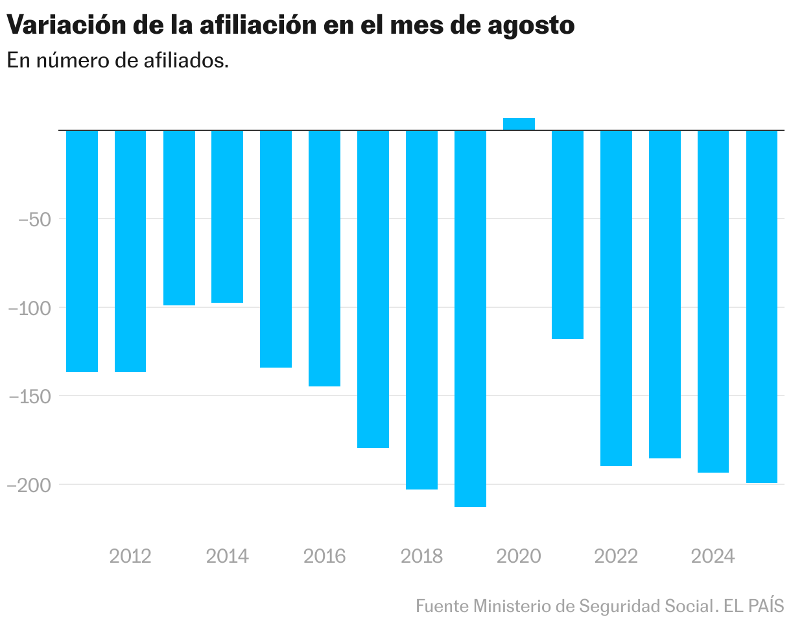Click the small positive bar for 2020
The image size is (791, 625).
(x=519, y=124)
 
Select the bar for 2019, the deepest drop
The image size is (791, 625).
(x=470, y=318)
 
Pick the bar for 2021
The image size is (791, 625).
(x=567, y=234)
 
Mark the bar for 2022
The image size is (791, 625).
(x=616, y=298)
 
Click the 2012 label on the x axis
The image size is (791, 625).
(x=130, y=556)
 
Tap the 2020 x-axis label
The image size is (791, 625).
(x=519, y=556)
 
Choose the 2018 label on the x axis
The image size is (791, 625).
(x=421, y=556)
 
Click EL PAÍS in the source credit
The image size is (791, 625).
(x=755, y=606)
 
